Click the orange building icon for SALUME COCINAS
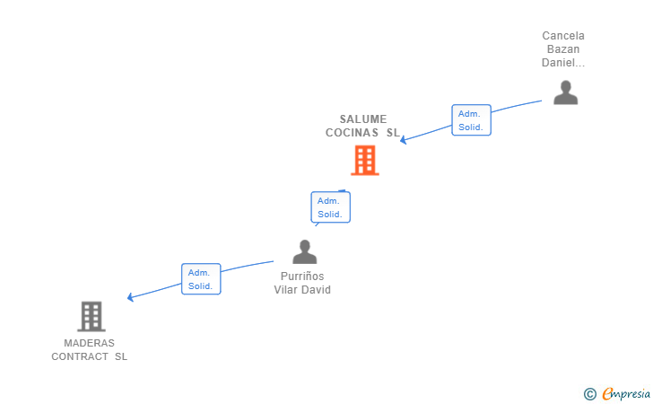click(x=364, y=160)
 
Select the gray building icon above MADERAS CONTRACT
click(x=91, y=316)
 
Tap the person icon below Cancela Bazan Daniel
click(x=565, y=92)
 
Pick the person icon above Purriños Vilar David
click(x=305, y=251)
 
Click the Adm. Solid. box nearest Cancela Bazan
click(x=470, y=120)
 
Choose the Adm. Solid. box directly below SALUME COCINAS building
click(x=330, y=207)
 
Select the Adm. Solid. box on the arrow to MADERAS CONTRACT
click(x=200, y=279)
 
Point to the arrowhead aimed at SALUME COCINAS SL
click(x=404, y=140)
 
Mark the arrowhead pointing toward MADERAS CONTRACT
click(x=131, y=297)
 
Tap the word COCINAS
click(x=353, y=132)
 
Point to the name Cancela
click(x=563, y=36)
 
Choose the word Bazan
click(x=563, y=49)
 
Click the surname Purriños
click(x=302, y=277)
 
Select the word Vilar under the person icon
click(x=288, y=290)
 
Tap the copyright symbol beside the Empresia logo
click(x=589, y=394)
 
